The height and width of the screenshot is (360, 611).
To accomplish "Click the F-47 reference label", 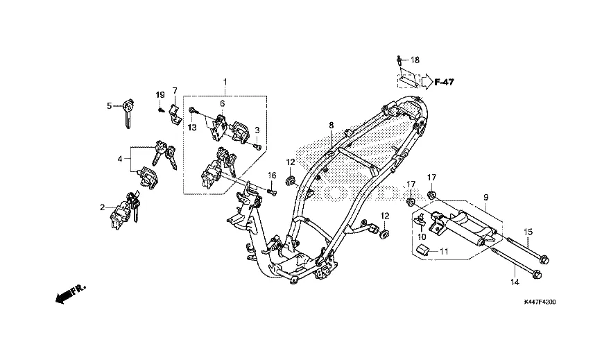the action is coord(444,83).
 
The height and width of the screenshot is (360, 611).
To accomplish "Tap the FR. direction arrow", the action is coord(71,294).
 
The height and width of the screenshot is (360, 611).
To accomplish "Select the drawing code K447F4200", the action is coord(540,302).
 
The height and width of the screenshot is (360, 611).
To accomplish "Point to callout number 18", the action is coord(415,60).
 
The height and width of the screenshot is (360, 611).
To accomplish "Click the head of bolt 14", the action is coord(536,274).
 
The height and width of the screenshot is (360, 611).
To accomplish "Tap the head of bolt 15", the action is coord(544,259).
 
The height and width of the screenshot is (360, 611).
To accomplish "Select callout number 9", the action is coord(486,198).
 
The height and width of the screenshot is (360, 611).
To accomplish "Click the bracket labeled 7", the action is coord(175,113).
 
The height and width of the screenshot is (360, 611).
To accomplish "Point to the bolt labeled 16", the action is coord(273,191).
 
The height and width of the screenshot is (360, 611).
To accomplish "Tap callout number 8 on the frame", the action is coord(332,125).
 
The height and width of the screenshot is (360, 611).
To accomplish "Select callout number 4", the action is coord(120,159).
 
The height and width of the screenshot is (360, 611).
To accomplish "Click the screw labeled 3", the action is coord(257,147).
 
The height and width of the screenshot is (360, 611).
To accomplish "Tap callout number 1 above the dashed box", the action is coord(225,82).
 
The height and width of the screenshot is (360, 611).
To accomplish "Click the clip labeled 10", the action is coord(420,220).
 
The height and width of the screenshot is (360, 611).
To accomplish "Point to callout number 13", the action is coord(192,128).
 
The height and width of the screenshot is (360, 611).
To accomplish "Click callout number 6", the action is coord(222,103).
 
